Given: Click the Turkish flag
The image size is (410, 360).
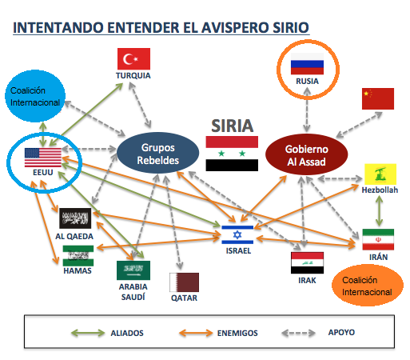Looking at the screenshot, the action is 133,58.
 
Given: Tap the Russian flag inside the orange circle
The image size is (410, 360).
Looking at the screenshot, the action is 307,64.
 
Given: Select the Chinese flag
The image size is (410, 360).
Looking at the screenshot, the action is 378,98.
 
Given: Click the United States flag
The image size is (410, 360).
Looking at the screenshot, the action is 43,158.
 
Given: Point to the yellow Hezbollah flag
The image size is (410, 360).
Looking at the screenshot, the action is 380,174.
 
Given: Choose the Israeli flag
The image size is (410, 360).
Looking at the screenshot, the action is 237,234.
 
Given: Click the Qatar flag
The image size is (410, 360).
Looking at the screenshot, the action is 184,282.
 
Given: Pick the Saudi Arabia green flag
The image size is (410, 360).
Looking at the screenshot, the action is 133,270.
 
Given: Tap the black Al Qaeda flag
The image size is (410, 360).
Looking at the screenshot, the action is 75,218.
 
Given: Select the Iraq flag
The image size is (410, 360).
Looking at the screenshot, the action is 307,263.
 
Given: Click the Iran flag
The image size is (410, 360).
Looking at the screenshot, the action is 378,239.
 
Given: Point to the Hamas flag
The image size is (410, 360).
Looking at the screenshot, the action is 78,256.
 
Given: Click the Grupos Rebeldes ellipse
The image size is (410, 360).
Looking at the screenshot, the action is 158,153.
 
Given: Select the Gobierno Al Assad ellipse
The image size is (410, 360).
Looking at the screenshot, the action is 306,154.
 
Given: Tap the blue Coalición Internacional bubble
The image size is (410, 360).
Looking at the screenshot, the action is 35,96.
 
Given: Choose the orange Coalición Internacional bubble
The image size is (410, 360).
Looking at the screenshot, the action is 368,286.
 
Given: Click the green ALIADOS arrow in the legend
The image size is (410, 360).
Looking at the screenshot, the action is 88,333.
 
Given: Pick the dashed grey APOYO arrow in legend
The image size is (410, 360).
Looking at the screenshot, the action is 298,333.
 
